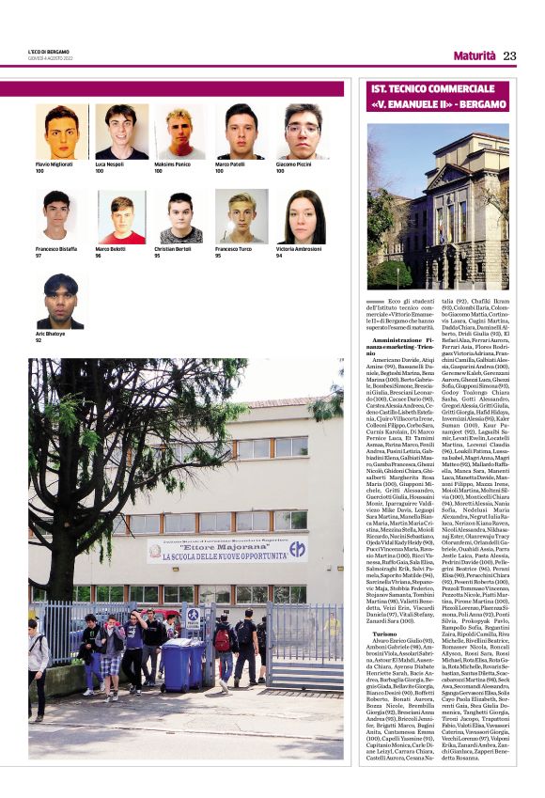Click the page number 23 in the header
click(509, 55)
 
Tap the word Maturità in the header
click(475, 55)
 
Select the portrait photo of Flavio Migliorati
click(62, 132)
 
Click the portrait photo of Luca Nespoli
click(121, 132)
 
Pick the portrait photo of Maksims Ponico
click(181, 132)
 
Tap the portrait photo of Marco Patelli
click(241, 132)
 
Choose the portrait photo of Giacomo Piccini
click(302, 132)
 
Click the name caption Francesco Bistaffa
click(56, 249)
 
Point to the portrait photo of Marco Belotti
click(121, 217)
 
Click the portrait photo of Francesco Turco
click(241, 217)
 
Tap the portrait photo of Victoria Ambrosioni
click(302, 217)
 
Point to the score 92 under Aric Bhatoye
click(39, 340)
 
